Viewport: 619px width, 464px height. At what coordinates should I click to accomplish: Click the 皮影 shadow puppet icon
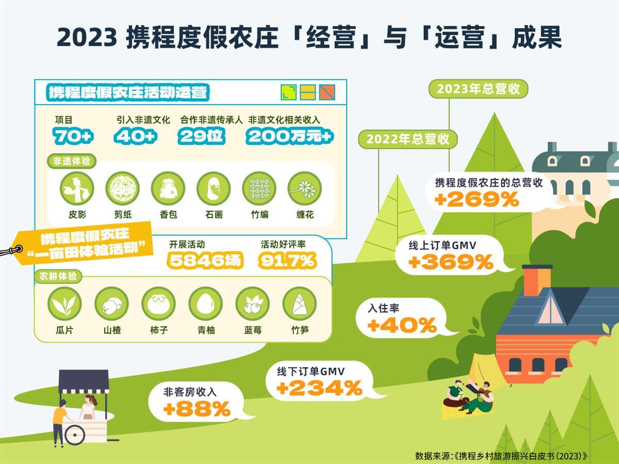coord(76,188)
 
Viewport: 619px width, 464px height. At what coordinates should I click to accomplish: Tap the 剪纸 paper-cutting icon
coord(122,188)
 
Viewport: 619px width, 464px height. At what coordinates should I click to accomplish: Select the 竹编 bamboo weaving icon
coord(259,188)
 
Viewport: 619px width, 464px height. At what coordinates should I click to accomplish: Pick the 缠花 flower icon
coord(305,188)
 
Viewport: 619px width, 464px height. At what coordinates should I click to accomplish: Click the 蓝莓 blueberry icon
coord(253,304)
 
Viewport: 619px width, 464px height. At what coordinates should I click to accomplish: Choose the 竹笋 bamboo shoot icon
coord(300,304)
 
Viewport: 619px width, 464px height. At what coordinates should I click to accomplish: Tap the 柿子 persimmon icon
coord(159,304)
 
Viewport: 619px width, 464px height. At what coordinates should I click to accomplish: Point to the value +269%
coord(477,199)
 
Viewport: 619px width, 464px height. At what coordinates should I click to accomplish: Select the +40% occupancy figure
coord(402,325)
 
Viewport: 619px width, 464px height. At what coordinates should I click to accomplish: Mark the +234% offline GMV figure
coord(319,388)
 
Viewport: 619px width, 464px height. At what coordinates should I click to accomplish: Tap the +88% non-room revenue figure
coord(197,409)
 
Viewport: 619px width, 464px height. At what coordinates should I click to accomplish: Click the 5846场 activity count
coord(205,261)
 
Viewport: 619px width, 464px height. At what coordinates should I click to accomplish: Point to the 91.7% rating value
coord(287,261)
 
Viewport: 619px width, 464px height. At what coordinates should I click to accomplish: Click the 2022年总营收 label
coord(408,139)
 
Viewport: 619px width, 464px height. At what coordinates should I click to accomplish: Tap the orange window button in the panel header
coord(327,92)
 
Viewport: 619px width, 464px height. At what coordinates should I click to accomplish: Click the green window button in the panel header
coord(288,92)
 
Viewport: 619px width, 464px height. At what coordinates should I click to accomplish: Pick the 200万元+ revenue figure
coord(289,136)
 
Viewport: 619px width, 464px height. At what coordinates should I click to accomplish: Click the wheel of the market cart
coord(75,435)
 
